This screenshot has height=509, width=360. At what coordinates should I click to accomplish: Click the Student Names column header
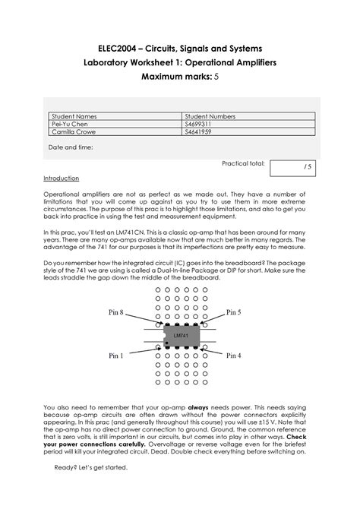pyautogui.click(x=72, y=116)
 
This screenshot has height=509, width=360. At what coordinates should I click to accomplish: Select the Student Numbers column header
pyautogui.click(x=214, y=116)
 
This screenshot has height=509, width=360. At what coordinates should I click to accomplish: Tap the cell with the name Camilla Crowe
pyautogui.click(x=74, y=132)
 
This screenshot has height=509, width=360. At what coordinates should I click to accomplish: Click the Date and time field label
pyautogui.click(x=71, y=148)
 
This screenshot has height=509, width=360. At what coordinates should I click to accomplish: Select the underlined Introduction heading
pyautogui.click(x=61, y=178)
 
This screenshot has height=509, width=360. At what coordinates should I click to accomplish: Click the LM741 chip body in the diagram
pyautogui.click(x=179, y=336)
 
